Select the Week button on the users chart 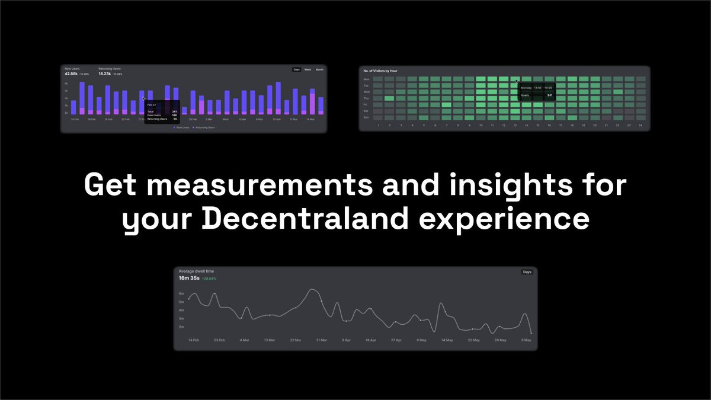pos(308,70)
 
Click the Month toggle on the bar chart pos(319,70)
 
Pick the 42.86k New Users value pos(71,74)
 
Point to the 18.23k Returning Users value pos(105,74)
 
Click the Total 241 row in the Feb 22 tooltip pos(162,111)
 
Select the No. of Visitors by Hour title pos(380,71)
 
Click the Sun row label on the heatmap pos(366,117)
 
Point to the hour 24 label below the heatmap pos(640,126)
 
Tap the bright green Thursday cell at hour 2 pos(389,98)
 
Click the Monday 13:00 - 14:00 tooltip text pos(537,87)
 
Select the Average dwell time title pos(196,271)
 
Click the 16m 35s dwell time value pos(189,278)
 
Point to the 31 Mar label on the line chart pos(322,340)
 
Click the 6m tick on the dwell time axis pos(181,294)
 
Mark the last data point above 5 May pos(531,333)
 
